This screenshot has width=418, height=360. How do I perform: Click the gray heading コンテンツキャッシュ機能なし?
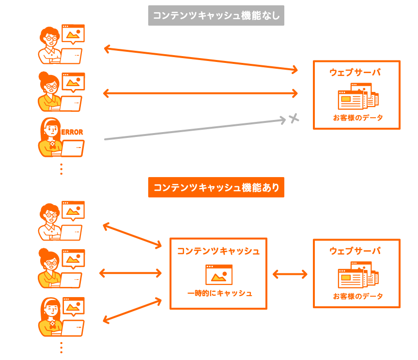tap(216, 16)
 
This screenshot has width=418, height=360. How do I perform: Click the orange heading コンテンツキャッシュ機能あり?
tap(216, 187)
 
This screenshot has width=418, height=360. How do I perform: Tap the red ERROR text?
tap(73, 132)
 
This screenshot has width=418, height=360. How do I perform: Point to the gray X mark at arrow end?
tap(293, 118)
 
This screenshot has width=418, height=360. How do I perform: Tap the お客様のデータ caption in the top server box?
tap(357, 118)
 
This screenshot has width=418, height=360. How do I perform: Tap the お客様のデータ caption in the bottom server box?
tap(357, 296)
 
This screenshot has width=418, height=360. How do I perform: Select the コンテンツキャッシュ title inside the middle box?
tap(218, 251)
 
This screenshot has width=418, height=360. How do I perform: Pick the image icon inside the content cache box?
tap(218, 274)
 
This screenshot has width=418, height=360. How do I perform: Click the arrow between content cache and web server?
tap(290, 274)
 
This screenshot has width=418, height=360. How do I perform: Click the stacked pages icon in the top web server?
tap(358, 96)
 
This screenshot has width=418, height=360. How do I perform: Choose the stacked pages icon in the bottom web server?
tap(358, 275)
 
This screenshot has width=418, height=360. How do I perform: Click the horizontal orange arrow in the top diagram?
tap(201, 93)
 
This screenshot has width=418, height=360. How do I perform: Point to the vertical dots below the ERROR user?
tap(61, 169)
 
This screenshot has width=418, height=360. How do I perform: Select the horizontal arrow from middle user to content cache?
tap(130, 273)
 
